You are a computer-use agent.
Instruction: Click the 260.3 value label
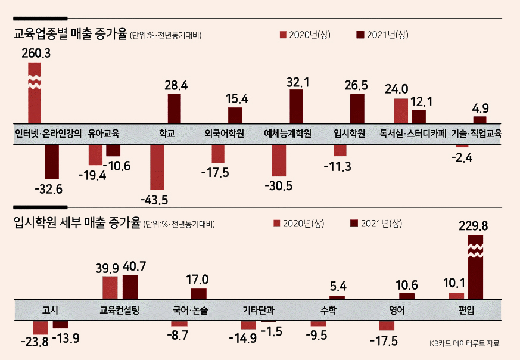(x=36, y=54)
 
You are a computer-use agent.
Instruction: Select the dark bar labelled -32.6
(x=52, y=162)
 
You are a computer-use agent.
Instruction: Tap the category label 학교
(x=167, y=134)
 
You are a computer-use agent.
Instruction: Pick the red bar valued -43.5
(x=157, y=167)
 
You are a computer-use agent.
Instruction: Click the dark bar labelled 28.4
(x=175, y=108)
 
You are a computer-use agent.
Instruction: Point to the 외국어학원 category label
(x=225, y=134)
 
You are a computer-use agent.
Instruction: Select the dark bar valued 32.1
(x=296, y=107)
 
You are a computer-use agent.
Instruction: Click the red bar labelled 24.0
(x=401, y=111)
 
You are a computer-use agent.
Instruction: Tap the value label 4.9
(x=481, y=108)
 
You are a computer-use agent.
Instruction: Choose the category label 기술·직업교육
(x=477, y=134)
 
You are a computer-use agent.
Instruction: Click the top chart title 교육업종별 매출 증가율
(x=70, y=34)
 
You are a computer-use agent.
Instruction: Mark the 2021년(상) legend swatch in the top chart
(x=360, y=35)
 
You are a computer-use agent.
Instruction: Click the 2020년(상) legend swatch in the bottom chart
(x=277, y=224)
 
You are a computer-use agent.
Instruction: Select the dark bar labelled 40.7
(x=130, y=287)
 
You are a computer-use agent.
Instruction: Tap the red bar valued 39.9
(x=110, y=288)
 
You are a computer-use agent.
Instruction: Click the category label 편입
(x=466, y=310)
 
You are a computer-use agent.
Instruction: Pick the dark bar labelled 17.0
(x=198, y=294)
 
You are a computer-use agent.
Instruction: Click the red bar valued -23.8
(x=41, y=327)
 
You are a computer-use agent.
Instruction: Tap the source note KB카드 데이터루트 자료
(x=464, y=343)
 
